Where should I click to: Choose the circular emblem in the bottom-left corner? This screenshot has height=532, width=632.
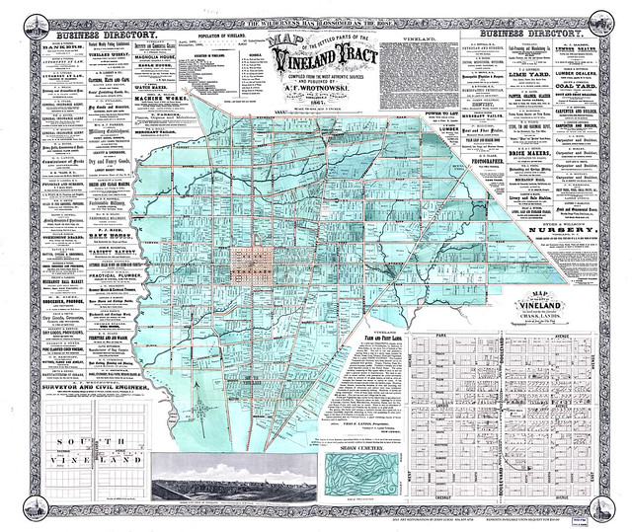(x=19, y=510)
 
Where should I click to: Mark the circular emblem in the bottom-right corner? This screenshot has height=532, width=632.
(x=614, y=510)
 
